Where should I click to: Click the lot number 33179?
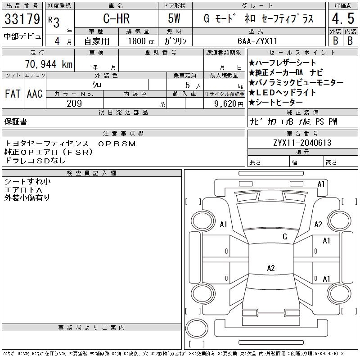click(22, 19)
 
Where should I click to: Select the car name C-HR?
click(117, 18)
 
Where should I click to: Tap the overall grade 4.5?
click(343, 18)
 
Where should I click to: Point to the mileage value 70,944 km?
click(49, 64)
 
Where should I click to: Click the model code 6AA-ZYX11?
click(257, 41)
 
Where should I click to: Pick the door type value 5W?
click(174, 18)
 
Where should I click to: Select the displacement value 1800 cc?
click(141, 41)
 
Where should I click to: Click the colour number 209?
click(74, 103)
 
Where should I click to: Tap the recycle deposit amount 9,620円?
click(229, 103)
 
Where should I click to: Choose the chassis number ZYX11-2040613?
click(302, 143)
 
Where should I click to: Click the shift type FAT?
click(13, 94)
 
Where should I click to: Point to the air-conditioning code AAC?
click(35, 94)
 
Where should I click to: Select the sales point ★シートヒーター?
click(275, 103)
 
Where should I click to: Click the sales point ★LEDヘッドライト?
click(282, 92)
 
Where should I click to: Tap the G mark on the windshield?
click(285, 237)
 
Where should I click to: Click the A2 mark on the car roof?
click(271, 268)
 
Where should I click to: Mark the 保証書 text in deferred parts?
click(16, 121)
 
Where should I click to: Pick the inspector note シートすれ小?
click(27, 182)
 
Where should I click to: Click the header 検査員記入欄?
click(91, 173)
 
